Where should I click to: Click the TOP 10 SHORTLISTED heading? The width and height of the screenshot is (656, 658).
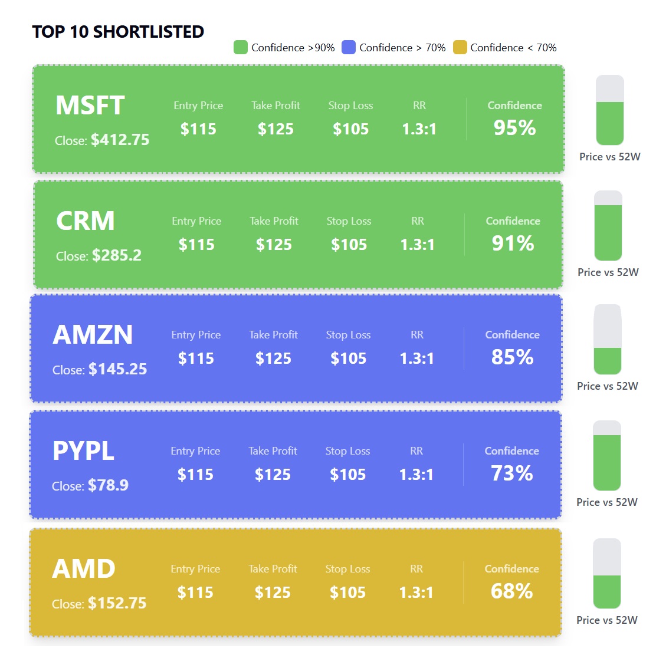[118, 32]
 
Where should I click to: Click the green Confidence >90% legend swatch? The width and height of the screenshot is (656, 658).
[240, 48]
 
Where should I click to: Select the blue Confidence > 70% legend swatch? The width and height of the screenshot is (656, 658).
[349, 48]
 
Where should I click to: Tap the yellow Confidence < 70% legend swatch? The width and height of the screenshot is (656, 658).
[460, 48]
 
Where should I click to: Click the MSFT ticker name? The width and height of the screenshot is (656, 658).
[90, 106]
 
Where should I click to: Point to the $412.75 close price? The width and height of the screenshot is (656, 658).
[120, 140]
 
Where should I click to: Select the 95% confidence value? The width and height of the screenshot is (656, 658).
[514, 128]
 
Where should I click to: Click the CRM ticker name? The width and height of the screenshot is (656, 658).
[86, 222]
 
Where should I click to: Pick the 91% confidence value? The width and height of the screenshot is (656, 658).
[513, 244]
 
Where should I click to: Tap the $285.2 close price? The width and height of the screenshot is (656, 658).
[116, 256]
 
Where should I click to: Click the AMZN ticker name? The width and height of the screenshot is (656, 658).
[93, 335]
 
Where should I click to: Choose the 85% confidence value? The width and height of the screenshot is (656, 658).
[512, 357]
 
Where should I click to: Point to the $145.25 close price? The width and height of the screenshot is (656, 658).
[117, 370]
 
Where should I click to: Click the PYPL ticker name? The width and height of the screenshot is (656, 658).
[83, 452]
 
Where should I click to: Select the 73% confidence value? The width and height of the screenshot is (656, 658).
[511, 473]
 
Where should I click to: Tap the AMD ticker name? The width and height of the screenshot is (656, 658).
[83, 570]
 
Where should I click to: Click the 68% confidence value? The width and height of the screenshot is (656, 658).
[511, 591]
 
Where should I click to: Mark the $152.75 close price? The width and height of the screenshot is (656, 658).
[117, 604]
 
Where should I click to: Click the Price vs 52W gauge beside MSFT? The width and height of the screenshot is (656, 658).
[609, 110]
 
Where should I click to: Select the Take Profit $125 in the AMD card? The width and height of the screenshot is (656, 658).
[273, 593]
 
